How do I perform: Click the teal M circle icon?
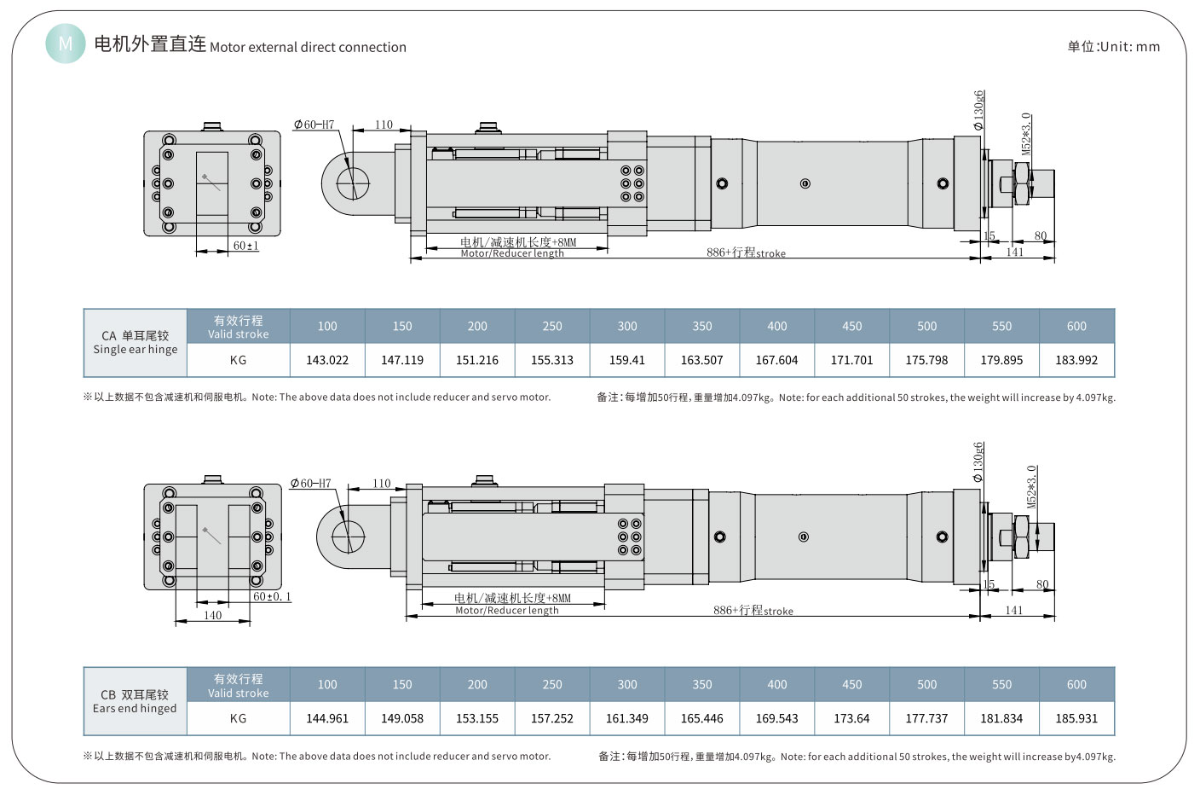pos(66,43)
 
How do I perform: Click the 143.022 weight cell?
pos(327,360)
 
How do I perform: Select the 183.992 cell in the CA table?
pos(1076,360)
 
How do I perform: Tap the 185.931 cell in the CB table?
pos(1076,718)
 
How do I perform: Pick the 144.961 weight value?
pos(327,718)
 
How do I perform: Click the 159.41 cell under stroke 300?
pos(627,360)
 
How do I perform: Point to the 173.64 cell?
pos(851,718)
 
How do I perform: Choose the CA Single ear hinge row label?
pos(136,342)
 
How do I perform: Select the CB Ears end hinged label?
pos(135,701)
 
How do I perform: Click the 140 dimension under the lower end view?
pos(213,615)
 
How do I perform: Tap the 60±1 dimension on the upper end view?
pos(246,246)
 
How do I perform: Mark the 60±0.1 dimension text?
pos(272,596)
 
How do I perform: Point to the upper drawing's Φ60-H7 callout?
pos(314,125)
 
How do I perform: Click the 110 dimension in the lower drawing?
pos(382,483)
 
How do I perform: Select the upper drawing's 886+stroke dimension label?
pos(746,252)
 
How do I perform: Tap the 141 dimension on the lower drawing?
pos(1014,610)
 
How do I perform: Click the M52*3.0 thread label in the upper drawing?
pos(1026,134)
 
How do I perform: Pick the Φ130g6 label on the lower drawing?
pos(979,461)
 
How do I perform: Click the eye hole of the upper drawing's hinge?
pos(353,183)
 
